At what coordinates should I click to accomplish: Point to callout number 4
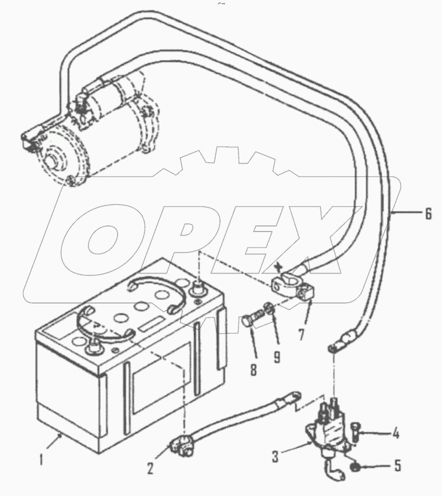pyautogui.click(x=396, y=434)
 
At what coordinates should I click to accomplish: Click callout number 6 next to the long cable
pyautogui.click(x=428, y=214)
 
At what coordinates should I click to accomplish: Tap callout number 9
pyautogui.click(x=276, y=357)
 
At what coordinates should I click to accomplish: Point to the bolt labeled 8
pyautogui.click(x=250, y=321)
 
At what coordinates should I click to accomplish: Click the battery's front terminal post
pyautogui.click(x=94, y=348)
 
